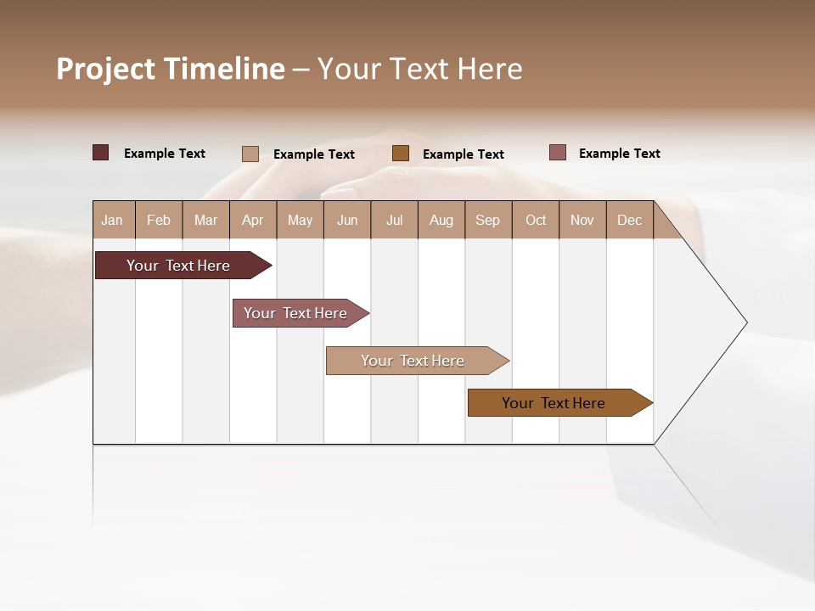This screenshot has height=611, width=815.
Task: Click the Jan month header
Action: click(x=112, y=220)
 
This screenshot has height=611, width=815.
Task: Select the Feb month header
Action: click(x=159, y=220)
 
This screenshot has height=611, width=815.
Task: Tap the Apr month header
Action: click(x=253, y=220)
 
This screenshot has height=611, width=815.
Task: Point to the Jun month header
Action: click(x=347, y=220)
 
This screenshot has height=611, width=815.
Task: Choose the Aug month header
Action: click(x=441, y=220)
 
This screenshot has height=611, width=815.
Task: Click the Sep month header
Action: click(x=488, y=220)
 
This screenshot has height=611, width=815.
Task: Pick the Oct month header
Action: click(x=536, y=220)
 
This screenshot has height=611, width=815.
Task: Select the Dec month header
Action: click(x=630, y=220)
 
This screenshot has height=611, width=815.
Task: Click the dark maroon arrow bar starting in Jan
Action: click(x=178, y=266)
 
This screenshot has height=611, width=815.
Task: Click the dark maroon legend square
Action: click(x=100, y=153)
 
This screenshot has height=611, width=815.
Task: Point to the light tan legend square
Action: click(x=250, y=154)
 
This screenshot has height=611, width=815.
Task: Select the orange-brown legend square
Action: click(x=401, y=153)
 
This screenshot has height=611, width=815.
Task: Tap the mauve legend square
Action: click(x=557, y=153)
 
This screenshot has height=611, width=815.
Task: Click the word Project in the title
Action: click(x=105, y=69)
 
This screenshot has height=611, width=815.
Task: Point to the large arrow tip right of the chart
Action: click(x=722, y=322)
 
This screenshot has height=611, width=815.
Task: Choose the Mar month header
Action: click(x=205, y=220)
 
